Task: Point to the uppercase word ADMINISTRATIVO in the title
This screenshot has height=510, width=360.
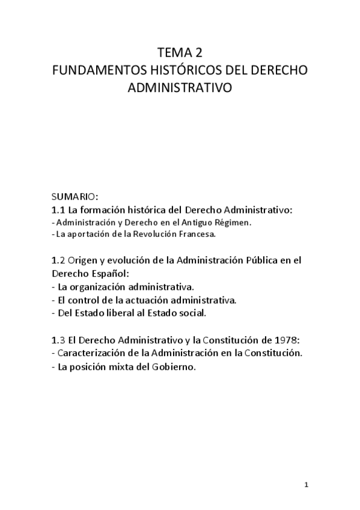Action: [x=180, y=88]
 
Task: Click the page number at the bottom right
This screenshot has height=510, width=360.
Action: [x=306, y=484]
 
